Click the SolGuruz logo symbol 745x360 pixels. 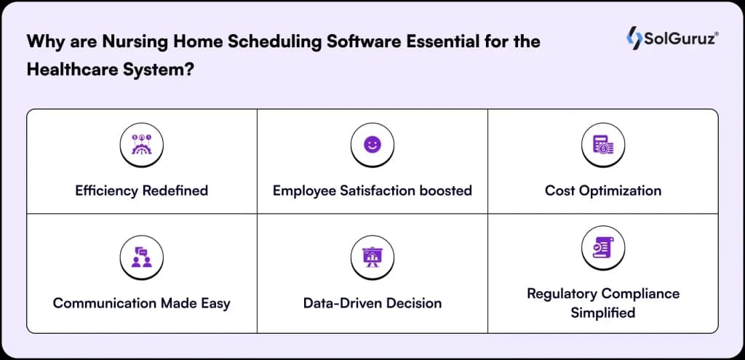[x=634, y=39]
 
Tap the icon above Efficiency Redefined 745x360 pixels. [x=141, y=145]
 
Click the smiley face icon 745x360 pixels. [x=372, y=145]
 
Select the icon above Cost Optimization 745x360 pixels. [x=603, y=145]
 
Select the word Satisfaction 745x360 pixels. [x=384, y=191]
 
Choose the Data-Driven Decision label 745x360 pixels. [x=372, y=303]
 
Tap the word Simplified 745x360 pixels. [x=603, y=313]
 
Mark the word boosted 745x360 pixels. [x=445, y=191]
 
